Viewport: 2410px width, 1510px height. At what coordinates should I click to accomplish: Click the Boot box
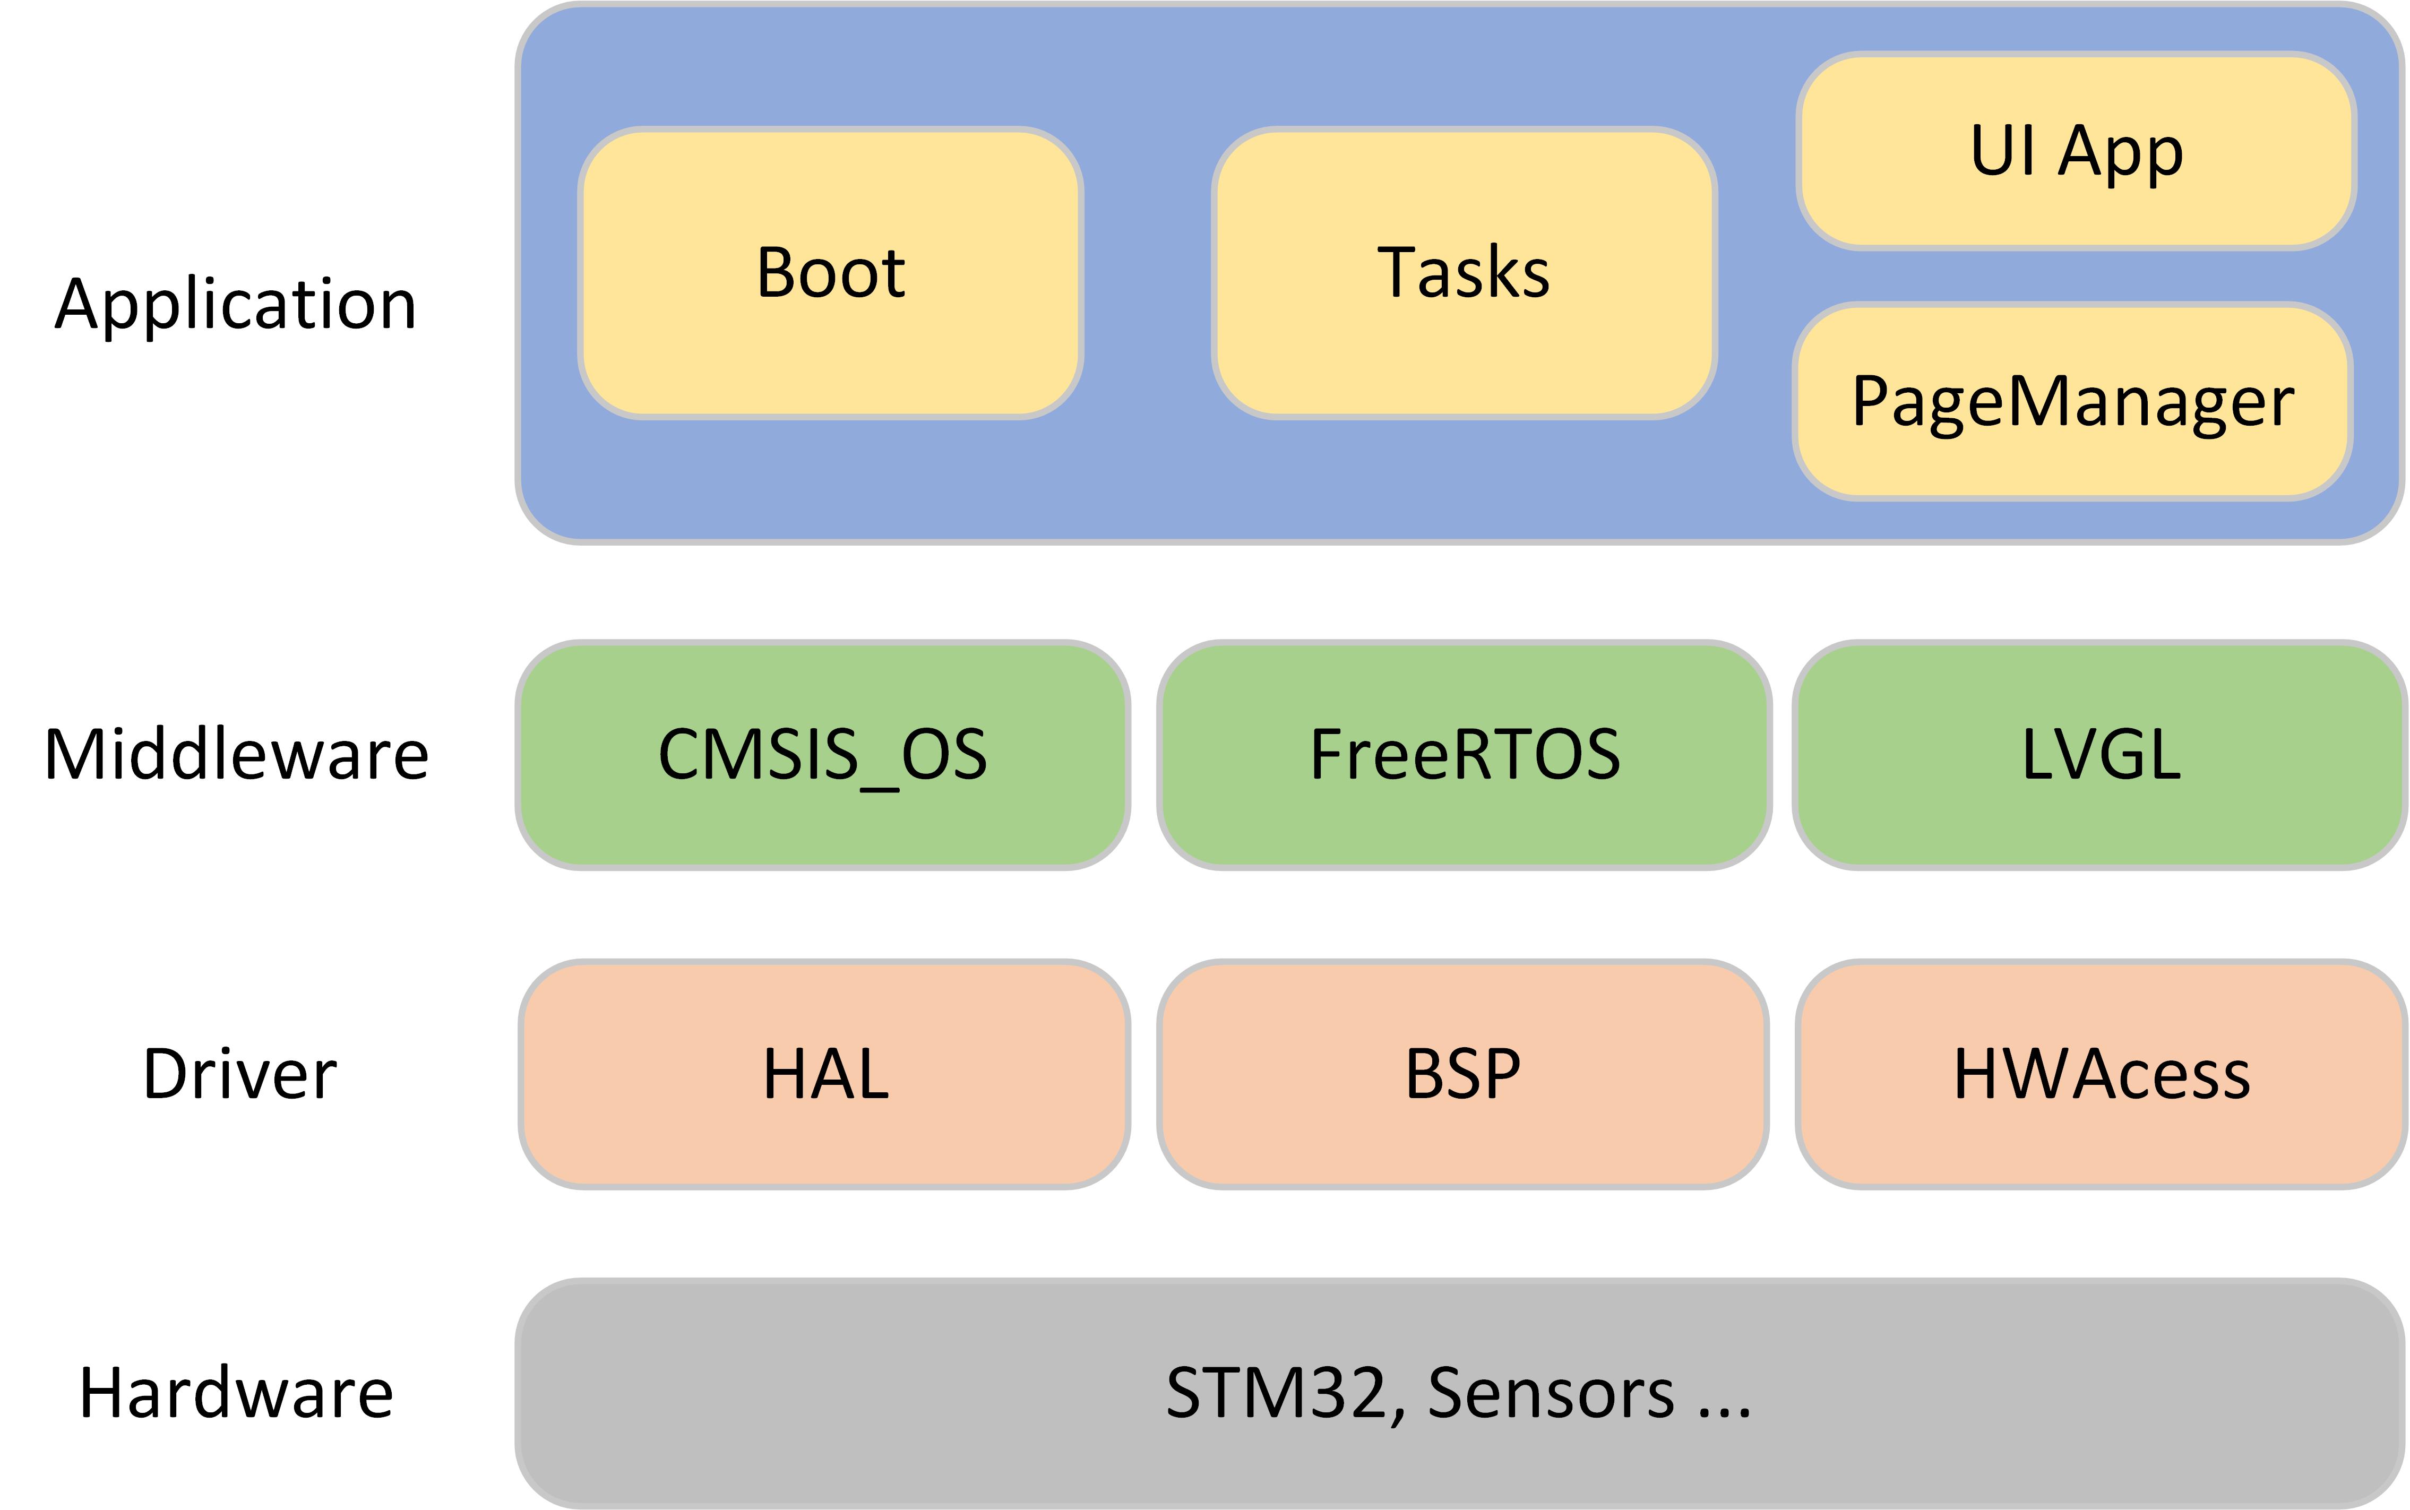coord(830,273)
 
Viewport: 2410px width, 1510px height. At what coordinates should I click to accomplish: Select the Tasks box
coord(1464,273)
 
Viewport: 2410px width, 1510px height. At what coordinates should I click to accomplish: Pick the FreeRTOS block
coord(1464,755)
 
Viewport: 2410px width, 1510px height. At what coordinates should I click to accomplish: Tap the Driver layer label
coord(240,1075)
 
